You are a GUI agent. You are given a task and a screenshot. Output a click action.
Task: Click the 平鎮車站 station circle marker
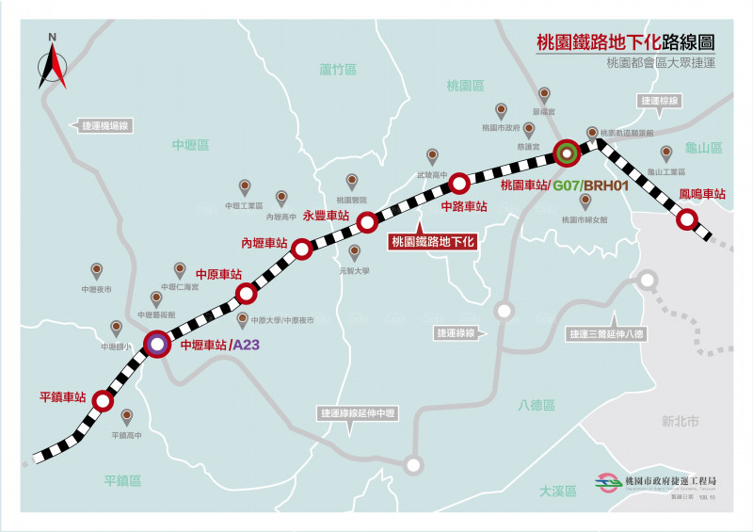[104, 400]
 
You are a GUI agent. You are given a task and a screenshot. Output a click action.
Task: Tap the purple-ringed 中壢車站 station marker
[157, 344]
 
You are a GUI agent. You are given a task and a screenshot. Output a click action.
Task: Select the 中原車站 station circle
[246, 294]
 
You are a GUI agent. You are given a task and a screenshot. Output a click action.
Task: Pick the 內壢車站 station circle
[302, 249]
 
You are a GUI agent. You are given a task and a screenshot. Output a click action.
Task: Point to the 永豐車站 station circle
[367, 221]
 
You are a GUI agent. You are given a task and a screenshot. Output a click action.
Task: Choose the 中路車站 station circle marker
[458, 183]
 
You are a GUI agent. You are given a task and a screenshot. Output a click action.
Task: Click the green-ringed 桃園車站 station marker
[566, 152]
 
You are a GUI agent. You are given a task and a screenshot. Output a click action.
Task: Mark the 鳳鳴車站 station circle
[688, 220]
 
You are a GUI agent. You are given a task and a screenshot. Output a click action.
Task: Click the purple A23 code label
[247, 345]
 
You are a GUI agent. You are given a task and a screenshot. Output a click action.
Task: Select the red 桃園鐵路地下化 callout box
[433, 241]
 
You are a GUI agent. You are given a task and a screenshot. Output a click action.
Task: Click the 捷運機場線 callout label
[104, 125]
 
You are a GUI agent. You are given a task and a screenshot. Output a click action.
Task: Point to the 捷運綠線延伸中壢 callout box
[357, 413]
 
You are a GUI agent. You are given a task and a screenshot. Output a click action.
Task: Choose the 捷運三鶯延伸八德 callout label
[606, 333]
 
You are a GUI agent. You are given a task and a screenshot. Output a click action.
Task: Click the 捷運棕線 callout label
[659, 100]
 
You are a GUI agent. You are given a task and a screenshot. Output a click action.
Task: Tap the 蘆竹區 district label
[338, 70]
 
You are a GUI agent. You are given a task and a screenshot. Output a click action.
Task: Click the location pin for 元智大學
[355, 251]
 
